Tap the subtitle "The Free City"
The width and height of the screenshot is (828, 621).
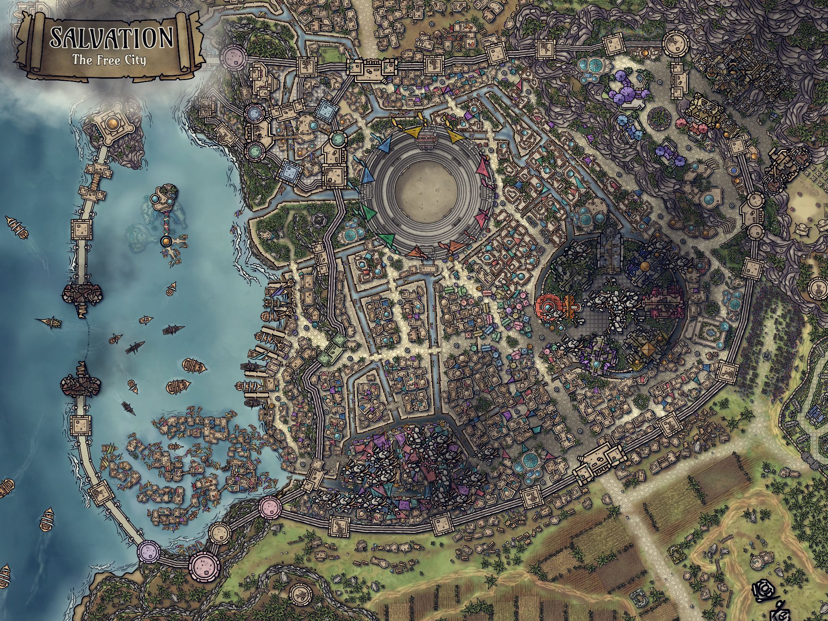(x=109, y=60)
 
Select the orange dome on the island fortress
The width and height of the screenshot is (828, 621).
(x=112, y=122)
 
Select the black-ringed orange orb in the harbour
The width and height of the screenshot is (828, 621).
(x=166, y=242)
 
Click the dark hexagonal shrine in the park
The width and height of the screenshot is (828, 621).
(x=320, y=221)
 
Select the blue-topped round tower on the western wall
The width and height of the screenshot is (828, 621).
(x=253, y=111)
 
